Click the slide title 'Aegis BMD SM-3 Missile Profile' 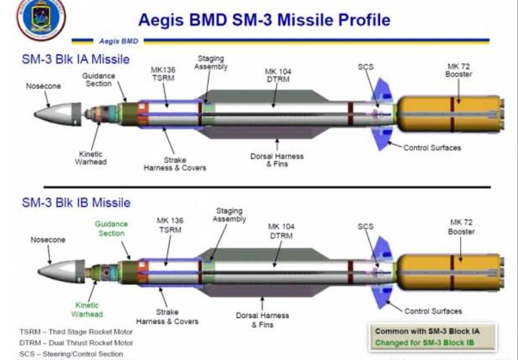tap(264, 20)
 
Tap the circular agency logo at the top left tap(41, 17)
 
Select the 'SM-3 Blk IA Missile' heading tap(76, 58)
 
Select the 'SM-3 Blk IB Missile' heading tap(76, 202)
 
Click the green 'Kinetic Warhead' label tap(87, 309)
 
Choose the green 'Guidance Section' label tap(111, 229)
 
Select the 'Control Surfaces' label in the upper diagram tap(432, 147)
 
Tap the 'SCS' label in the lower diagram tap(366, 226)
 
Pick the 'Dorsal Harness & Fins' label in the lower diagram tap(263, 320)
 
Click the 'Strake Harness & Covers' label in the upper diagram tap(175, 164)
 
